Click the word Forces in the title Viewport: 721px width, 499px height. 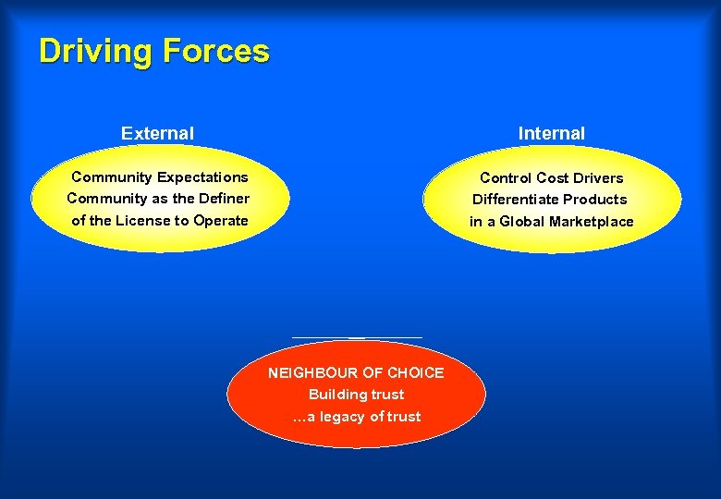click(215, 51)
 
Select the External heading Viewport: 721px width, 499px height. click(157, 133)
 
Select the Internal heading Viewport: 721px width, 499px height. click(551, 133)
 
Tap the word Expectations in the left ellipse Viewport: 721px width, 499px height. click(202, 176)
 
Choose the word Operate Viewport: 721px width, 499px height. click(220, 220)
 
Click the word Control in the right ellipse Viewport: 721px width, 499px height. click(506, 177)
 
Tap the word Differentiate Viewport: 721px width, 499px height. click(516, 199)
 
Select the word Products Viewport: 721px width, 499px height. click(595, 199)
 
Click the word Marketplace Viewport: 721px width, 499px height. click(592, 221)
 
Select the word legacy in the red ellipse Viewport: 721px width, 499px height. click(343, 416)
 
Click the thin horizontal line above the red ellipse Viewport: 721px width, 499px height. click(357, 337)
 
